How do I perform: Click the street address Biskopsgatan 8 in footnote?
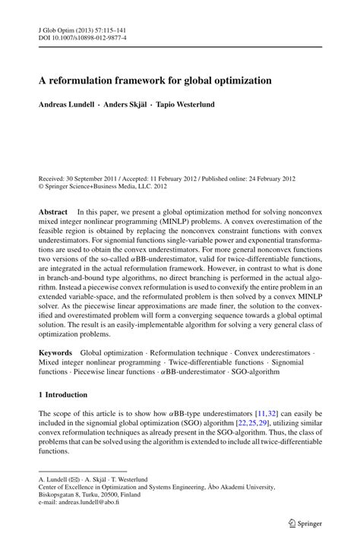63,494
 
